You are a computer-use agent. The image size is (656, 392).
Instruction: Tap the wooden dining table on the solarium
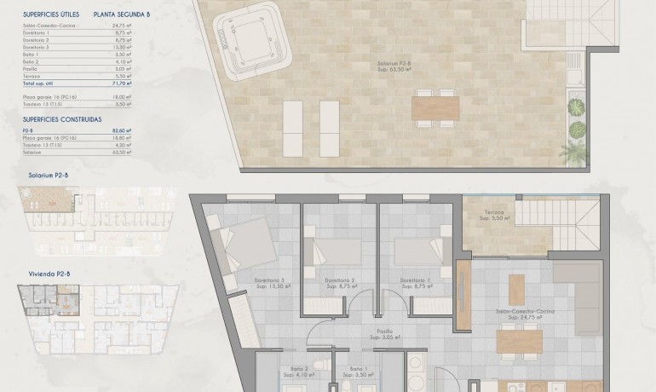[434, 107]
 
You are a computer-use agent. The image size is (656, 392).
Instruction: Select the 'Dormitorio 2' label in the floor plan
[340, 280]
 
